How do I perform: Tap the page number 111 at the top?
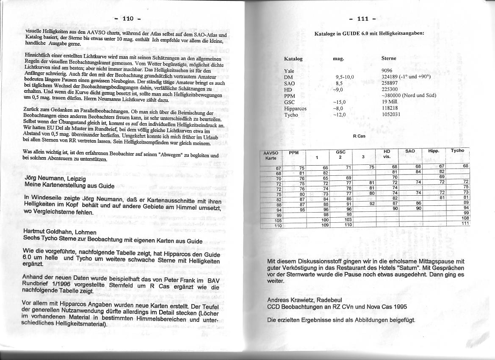(363, 19)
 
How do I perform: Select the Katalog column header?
(293, 59)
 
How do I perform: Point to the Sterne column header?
(389, 58)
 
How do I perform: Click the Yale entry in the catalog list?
(289, 71)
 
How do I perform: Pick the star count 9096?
(387, 71)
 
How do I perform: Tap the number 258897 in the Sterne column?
(390, 83)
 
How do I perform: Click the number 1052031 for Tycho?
(391, 114)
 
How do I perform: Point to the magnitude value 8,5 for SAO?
(339, 83)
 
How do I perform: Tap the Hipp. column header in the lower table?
(433, 151)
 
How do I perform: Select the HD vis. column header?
(387, 154)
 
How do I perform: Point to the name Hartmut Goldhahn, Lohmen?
(60, 233)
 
